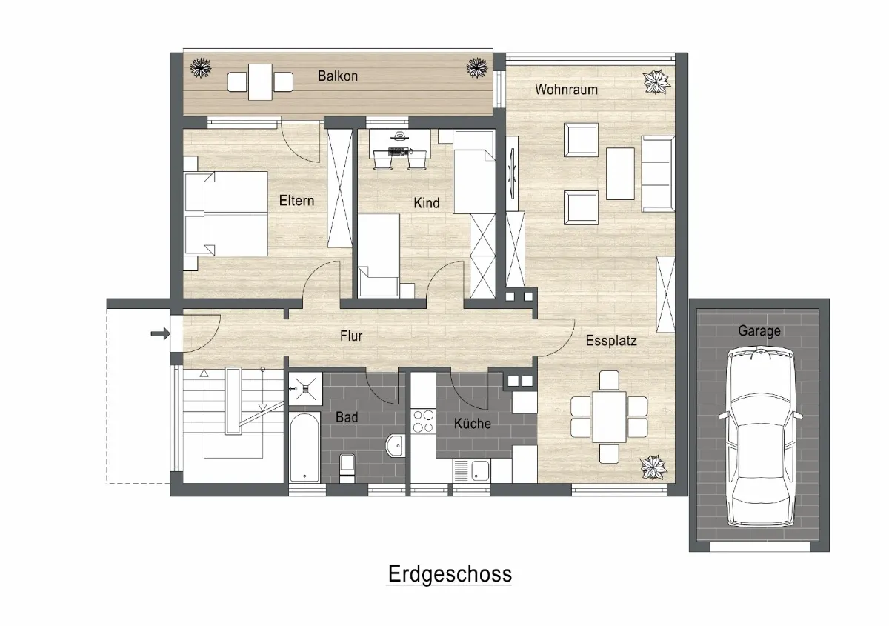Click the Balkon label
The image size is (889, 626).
(x=338, y=76)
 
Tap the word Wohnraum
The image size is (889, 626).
(x=566, y=90)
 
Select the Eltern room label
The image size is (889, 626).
(x=296, y=201)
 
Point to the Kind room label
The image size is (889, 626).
(x=427, y=203)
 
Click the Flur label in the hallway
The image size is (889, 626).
(x=351, y=336)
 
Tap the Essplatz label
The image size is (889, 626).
(x=611, y=341)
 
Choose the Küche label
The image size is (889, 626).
(x=473, y=423)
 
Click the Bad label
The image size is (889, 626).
(x=347, y=417)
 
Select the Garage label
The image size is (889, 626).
(x=759, y=330)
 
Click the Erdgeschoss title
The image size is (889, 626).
(x=450, y=574)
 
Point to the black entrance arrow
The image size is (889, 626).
(x=160, y=334)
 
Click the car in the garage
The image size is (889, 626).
(x=760, y=436)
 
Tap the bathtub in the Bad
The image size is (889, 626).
(x=304, y=447)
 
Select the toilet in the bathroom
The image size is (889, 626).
(x=347, y=468)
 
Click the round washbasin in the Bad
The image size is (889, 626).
(x=395, y=446)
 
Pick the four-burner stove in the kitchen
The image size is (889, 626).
(x=423, y=422)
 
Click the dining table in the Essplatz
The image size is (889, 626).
(x=609, y=417)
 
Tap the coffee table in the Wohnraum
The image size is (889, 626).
(x=620, y=173)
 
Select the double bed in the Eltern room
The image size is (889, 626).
(x=226, y=213)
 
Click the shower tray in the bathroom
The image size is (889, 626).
(x=305, y=389)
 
